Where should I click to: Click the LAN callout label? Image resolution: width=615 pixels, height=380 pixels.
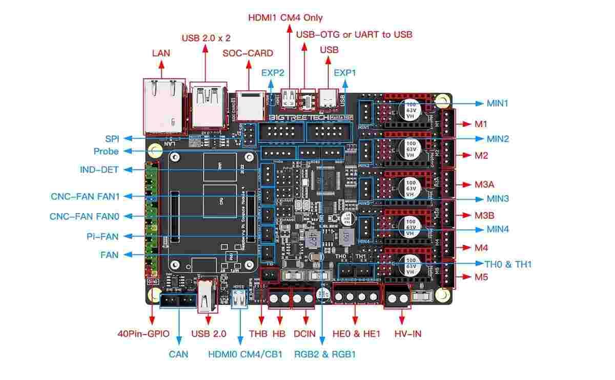(161, 53)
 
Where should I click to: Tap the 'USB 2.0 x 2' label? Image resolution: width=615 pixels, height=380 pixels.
(206, 38)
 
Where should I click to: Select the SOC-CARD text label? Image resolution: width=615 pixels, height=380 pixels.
(248, 53)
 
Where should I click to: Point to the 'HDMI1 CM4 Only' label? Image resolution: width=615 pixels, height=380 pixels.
(285, 17)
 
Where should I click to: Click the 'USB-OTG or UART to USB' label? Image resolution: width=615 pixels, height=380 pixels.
(354, 34)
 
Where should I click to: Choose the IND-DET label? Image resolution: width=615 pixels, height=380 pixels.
(99, 170)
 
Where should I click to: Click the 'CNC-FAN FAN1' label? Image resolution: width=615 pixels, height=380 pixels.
(85, 196)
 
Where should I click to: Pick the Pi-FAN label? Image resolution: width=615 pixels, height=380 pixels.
(102, 236)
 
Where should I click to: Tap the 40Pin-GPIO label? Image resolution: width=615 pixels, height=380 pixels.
(143, 334)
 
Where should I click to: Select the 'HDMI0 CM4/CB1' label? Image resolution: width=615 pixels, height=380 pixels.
(245, 354)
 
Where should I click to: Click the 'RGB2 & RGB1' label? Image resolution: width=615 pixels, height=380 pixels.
(325, 354)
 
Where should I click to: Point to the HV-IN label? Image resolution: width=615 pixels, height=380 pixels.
(408, 334)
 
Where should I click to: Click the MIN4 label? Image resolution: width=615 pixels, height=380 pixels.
(498, 229)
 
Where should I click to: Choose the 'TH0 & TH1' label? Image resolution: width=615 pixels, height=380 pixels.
(508, 264)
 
